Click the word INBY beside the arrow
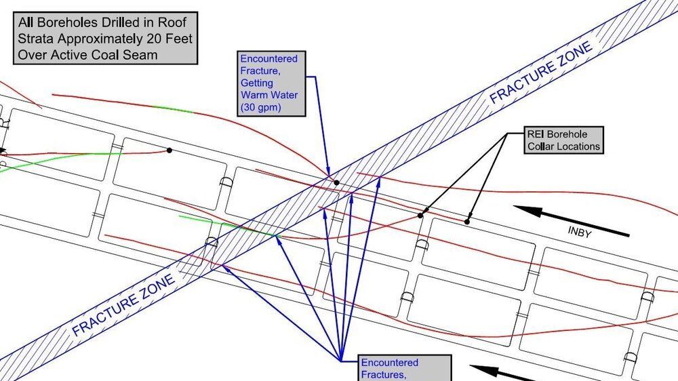[x=580, y=232]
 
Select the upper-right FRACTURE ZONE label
[x=540, y=73]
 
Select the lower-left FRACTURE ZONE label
[x=123, y=305]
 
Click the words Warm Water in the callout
[x=269, y=95]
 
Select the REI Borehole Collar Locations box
[x=563, y=140]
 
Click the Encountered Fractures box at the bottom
[x=405, y=368]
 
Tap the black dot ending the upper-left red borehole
[x=169, y=151]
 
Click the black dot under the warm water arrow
[x=336, y=182]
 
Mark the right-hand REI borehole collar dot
[x=467, y=222]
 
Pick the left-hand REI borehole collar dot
[x=420, y=216]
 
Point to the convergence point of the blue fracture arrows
[x=341, y=361]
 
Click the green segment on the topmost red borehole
[x=173, y=108]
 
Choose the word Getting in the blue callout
[x=257, y=83]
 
